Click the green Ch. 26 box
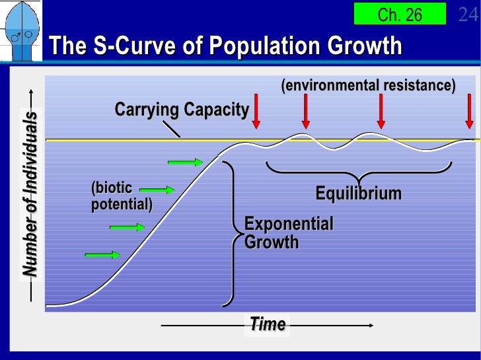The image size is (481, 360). (400, 15)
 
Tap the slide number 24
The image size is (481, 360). (468, 15)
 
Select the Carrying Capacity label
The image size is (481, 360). (181, 110)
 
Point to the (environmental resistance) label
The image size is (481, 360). (368, 86)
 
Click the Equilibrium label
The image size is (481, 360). (359, 194)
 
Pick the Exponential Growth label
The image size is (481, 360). (289, 233)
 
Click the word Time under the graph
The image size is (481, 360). (268, 324)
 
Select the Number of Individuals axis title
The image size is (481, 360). (30, 194)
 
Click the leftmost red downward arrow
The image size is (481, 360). (257, 112)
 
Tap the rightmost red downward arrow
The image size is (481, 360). (468, 112)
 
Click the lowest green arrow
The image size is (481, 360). (102, 254)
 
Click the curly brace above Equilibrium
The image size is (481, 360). (361, 171)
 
